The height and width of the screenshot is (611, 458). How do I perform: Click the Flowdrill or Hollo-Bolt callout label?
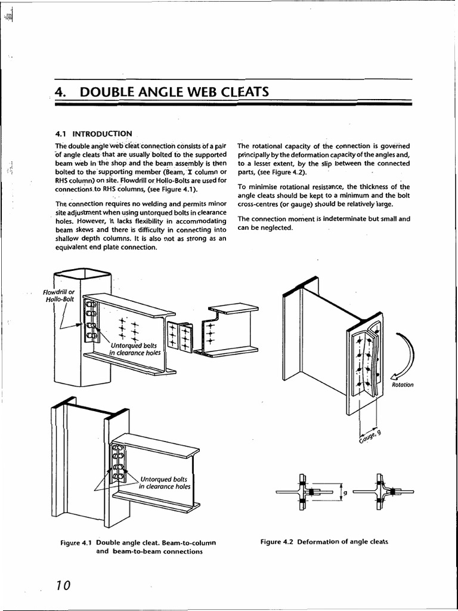click(x=58, y=295)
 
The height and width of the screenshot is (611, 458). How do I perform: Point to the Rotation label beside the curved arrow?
click(x=403, y=385)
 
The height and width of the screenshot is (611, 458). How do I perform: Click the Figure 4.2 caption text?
click(x=324, y=542)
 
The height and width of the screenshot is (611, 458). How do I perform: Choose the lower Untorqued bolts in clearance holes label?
click(x=165, y=483)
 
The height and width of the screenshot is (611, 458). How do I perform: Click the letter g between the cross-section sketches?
click(x=345, y=493)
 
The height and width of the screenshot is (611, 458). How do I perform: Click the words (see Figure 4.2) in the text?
click(x=276, y=173)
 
